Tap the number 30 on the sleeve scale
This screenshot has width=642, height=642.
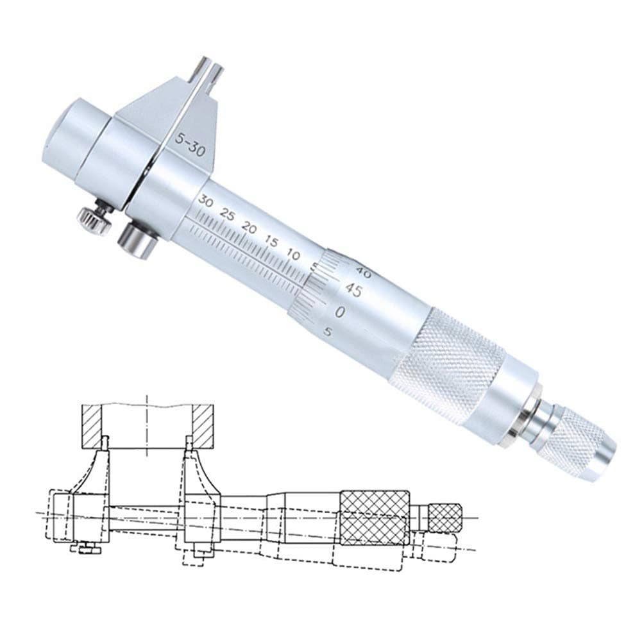pyautogui.click(x=205, y=201)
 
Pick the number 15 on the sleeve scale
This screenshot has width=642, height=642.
pyautogui.click(x=271, y=242)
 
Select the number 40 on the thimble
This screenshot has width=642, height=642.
pyautogui.click(x=351, y=271)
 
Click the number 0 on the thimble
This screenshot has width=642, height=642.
pyautogui.click(x=341, y=312)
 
